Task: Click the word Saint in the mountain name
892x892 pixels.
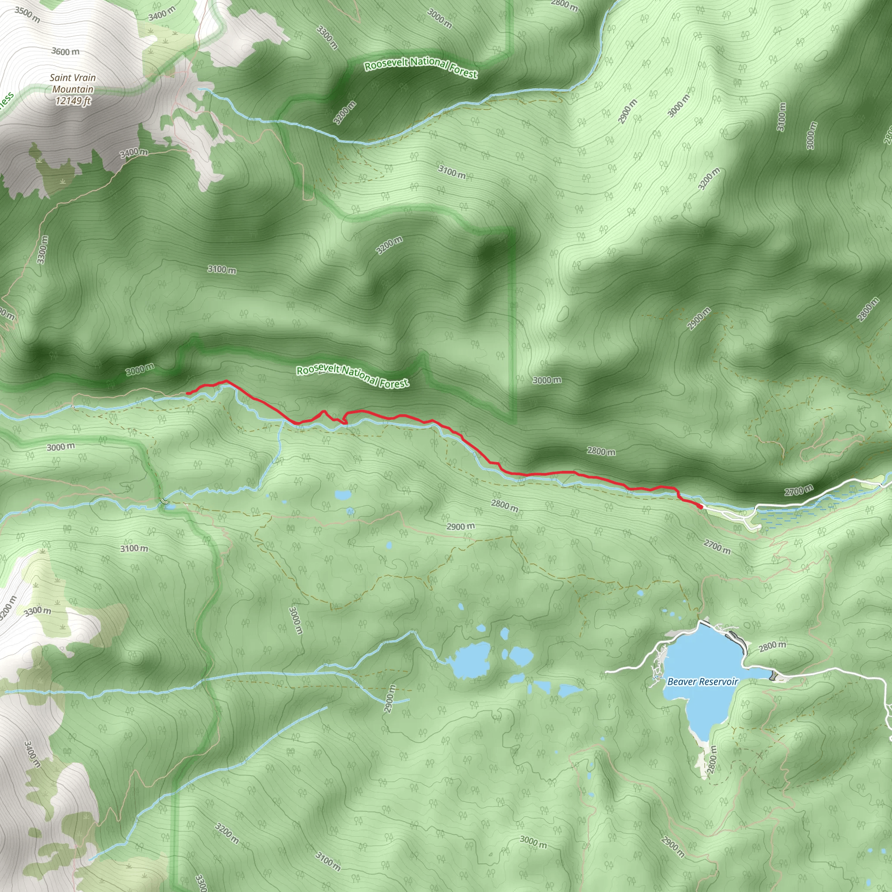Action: pos(61,78)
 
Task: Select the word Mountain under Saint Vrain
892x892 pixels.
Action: pos(72,89)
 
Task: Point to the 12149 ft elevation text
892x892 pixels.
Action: pos(73,100)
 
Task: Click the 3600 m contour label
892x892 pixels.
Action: pos(65,51)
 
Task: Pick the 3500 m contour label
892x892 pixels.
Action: pos(27,14)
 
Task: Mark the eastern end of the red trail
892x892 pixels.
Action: pos(701,507)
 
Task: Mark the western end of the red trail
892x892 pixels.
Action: pos(187,393)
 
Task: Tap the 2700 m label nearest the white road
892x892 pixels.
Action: pos(799,491)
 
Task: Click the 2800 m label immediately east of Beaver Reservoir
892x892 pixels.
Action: pos(772,646)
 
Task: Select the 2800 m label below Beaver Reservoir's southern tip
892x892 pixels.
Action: pos(712,760)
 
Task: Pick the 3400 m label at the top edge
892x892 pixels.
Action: pos(162,14)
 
